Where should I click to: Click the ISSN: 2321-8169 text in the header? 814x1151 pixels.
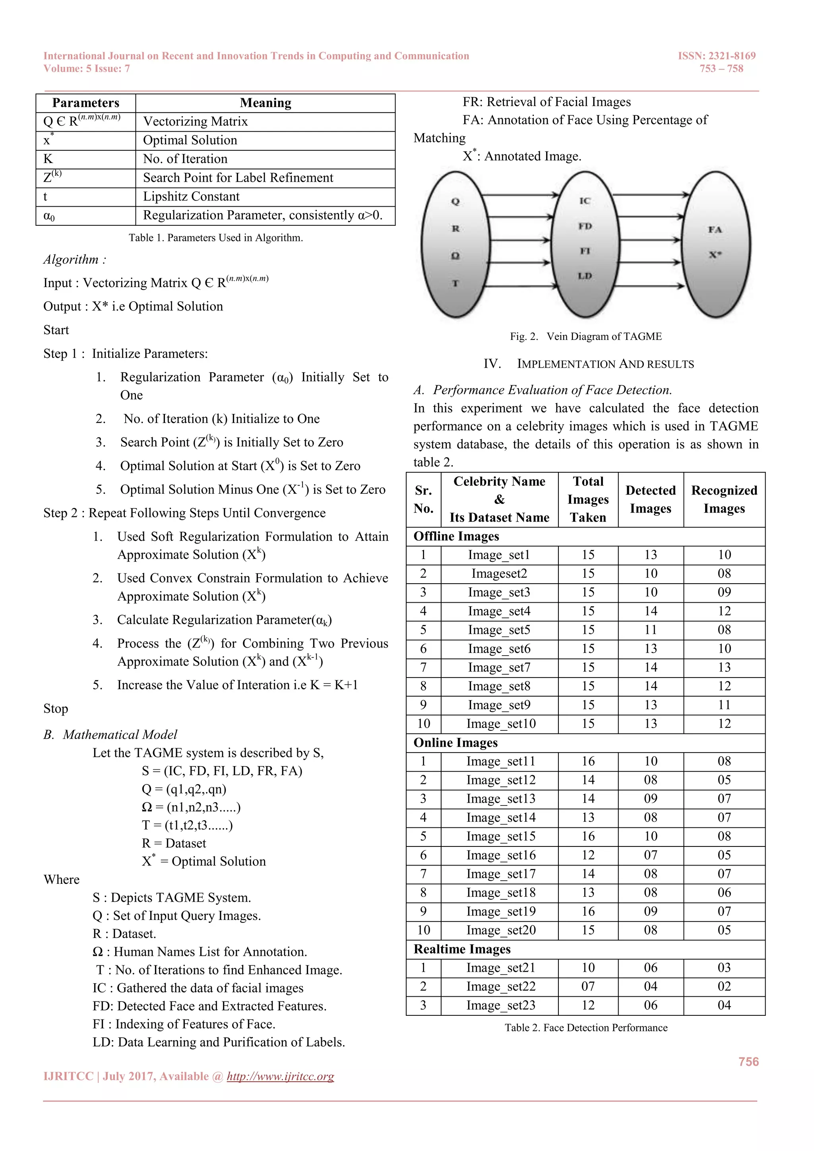click(x=716, y=56)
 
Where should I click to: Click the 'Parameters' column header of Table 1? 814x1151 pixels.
click(x=86, y=103)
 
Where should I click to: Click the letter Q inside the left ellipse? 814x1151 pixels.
click(x=455, y=202)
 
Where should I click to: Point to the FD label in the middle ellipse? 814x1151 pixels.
click(x=585, y=226)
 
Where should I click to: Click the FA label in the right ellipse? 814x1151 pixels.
click(x=715, y=229)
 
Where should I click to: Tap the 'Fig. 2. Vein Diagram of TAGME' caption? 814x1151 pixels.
click(x=585, y=336)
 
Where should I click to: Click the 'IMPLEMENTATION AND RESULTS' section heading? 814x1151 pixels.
click(x=605, y=364)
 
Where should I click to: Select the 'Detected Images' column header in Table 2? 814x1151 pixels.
click(x=650, y=499)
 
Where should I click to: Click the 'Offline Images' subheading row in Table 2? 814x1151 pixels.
click(x=456, y=536)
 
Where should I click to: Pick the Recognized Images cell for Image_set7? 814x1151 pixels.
click(x=724, y=667)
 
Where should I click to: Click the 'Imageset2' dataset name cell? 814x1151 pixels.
click(x=499, y=573)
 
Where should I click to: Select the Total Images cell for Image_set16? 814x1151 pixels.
click(x=587, y=855)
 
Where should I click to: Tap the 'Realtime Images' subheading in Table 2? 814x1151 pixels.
click(x=461, y=949)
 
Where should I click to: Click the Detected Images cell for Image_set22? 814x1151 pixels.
click(x=650, y=986)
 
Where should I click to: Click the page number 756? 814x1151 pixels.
click(x=748, y=1062)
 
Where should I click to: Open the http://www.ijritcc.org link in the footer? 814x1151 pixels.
click(x=280, y=1076)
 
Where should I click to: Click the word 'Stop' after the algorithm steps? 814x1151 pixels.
click(x=56, y=709)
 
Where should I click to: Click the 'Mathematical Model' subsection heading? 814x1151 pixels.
click(x=120, y=734)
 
